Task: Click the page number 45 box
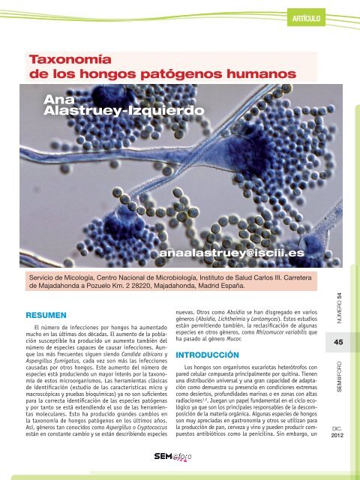tap(338, 343)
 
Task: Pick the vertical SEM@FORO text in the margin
tap(339, 383)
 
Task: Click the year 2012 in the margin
tap(338, 438)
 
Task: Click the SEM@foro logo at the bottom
tap(173, 456)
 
